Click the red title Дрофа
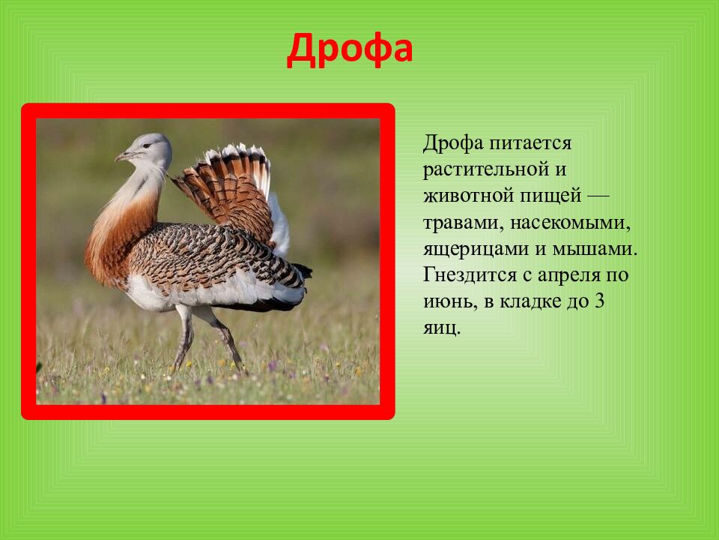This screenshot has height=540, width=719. (350, 49)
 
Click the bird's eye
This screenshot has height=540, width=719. (148, 145)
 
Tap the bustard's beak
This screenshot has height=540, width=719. (124, 156)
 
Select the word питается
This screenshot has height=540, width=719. (530, 143)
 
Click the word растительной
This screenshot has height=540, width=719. (486, 169)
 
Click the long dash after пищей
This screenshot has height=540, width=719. (598, 196)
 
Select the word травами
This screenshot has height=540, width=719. (463, 223)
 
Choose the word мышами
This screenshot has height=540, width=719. (595, 249)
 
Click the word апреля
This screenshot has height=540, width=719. (569, 276)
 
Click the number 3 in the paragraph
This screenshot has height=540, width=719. (599, 301)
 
